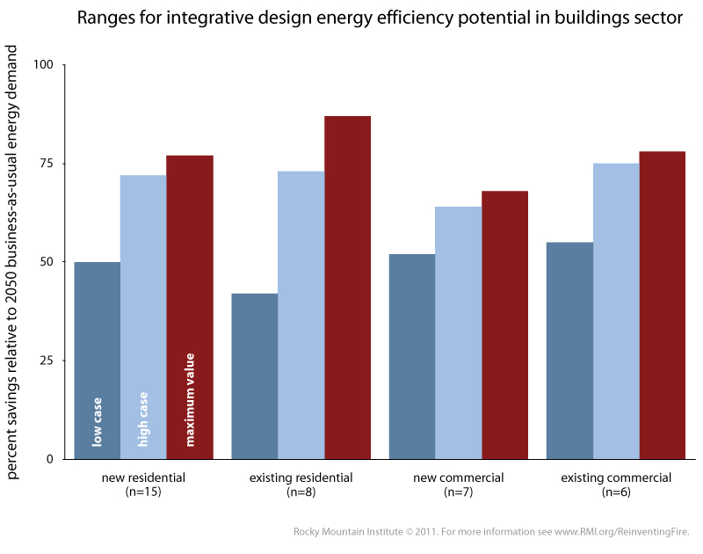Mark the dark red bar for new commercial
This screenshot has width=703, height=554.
[x=504, y=324]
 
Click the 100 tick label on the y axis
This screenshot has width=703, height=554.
[x=44, y=65]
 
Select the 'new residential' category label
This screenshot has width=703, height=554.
[x=143, y=478]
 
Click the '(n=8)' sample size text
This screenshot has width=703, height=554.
[x=301, y=492]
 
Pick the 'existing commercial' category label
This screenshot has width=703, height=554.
[x=616, y=478]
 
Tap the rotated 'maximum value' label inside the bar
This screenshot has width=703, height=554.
[x=190, y=399]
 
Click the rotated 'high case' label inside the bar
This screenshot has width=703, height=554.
[x=143, y=417]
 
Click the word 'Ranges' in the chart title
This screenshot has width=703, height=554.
[x=103, y=18]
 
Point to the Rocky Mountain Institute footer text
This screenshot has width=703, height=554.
[x=492, y=531]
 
